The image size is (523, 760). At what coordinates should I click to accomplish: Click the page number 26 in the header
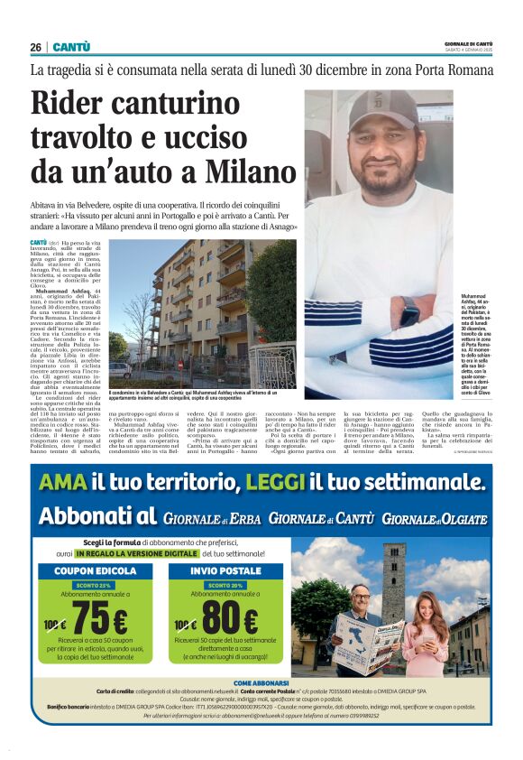36,47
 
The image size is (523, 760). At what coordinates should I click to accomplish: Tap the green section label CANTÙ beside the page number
71,47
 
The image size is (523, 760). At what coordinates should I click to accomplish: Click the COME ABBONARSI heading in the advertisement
261,683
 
